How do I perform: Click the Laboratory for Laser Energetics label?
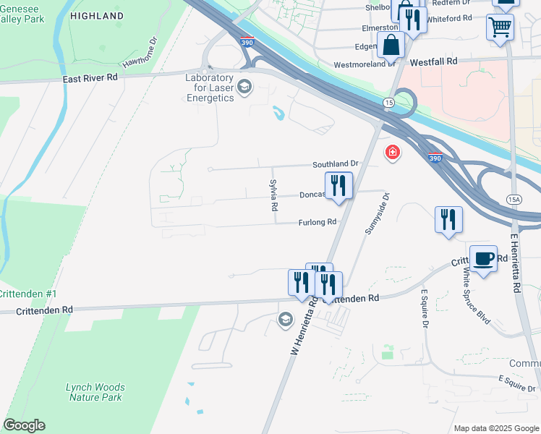[210, 88]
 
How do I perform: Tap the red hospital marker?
[393, 153]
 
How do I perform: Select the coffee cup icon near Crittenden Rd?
[483, 258]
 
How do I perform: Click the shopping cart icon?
[500, 27]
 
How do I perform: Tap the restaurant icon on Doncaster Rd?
[338, 185]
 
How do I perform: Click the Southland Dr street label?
[336, 164]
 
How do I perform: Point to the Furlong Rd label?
[318, 223]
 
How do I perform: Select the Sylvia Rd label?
[274, 195]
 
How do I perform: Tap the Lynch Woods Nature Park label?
[95, 392]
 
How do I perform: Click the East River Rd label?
[90, 77]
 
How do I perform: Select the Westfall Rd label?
[433, 62]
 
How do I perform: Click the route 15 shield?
[388, 103]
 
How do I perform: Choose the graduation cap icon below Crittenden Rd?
[286, 319]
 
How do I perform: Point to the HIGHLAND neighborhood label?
[98, 15]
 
